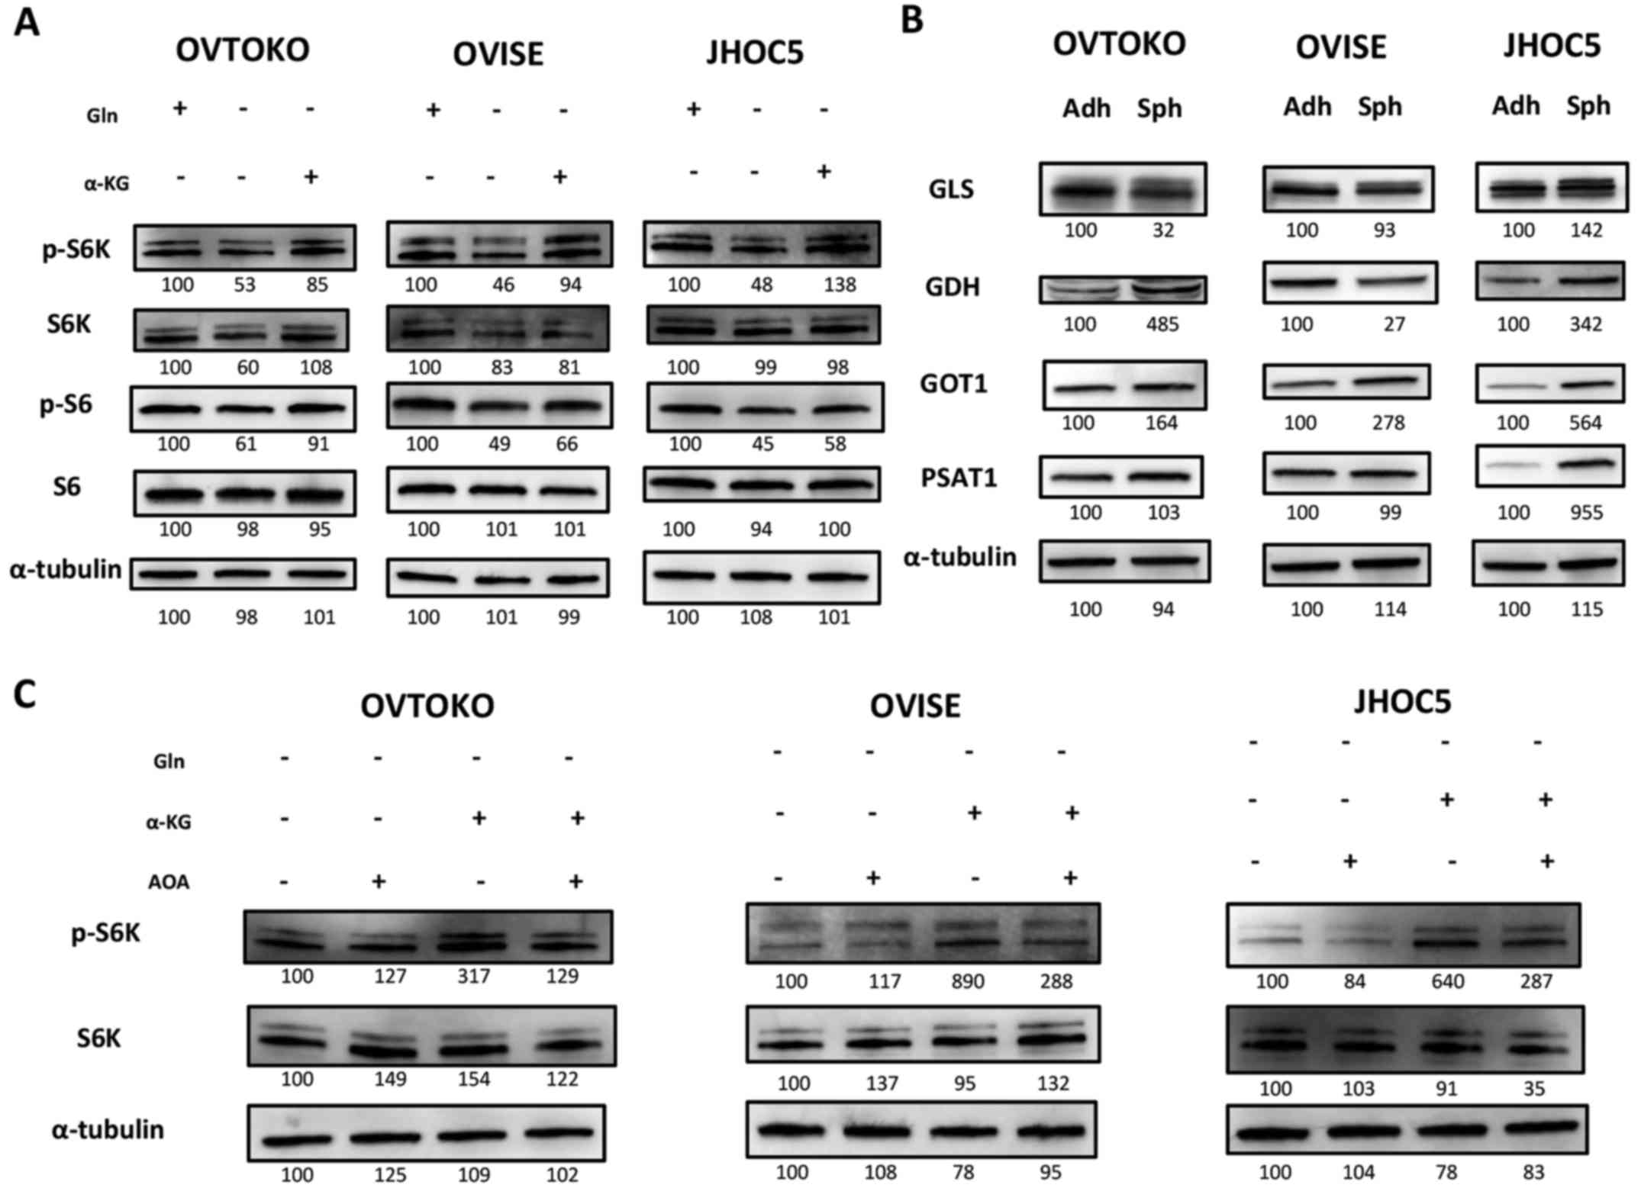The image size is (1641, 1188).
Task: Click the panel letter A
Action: pos(26,23)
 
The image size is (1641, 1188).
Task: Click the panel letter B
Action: pos(912,20)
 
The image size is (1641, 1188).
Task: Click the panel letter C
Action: pos(24,695)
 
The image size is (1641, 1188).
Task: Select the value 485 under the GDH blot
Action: pos(1162,325)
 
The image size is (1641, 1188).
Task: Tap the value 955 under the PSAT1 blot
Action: pos(1585,513)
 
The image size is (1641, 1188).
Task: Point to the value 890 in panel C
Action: pos(967,981)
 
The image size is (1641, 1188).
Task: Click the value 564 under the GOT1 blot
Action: pos(1585,423)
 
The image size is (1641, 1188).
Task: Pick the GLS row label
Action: pos(951,188)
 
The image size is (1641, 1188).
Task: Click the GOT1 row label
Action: pos(953,384)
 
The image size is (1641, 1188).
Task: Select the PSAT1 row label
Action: pos(958,478)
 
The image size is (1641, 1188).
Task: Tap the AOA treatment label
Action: pos(168,883)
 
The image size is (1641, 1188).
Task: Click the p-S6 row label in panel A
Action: pos(66,404)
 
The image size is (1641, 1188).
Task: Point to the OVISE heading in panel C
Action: pos(914,707)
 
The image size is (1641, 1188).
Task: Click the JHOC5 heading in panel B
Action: pos(1552,47)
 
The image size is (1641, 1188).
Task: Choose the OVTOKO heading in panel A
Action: pos(242,50)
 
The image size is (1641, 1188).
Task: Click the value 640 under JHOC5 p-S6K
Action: pos(1447,981)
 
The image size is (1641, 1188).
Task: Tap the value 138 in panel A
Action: pos(840,285)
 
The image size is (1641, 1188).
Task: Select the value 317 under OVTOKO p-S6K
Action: pos(473,977)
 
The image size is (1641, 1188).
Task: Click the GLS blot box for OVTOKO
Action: pos(1122,189)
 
